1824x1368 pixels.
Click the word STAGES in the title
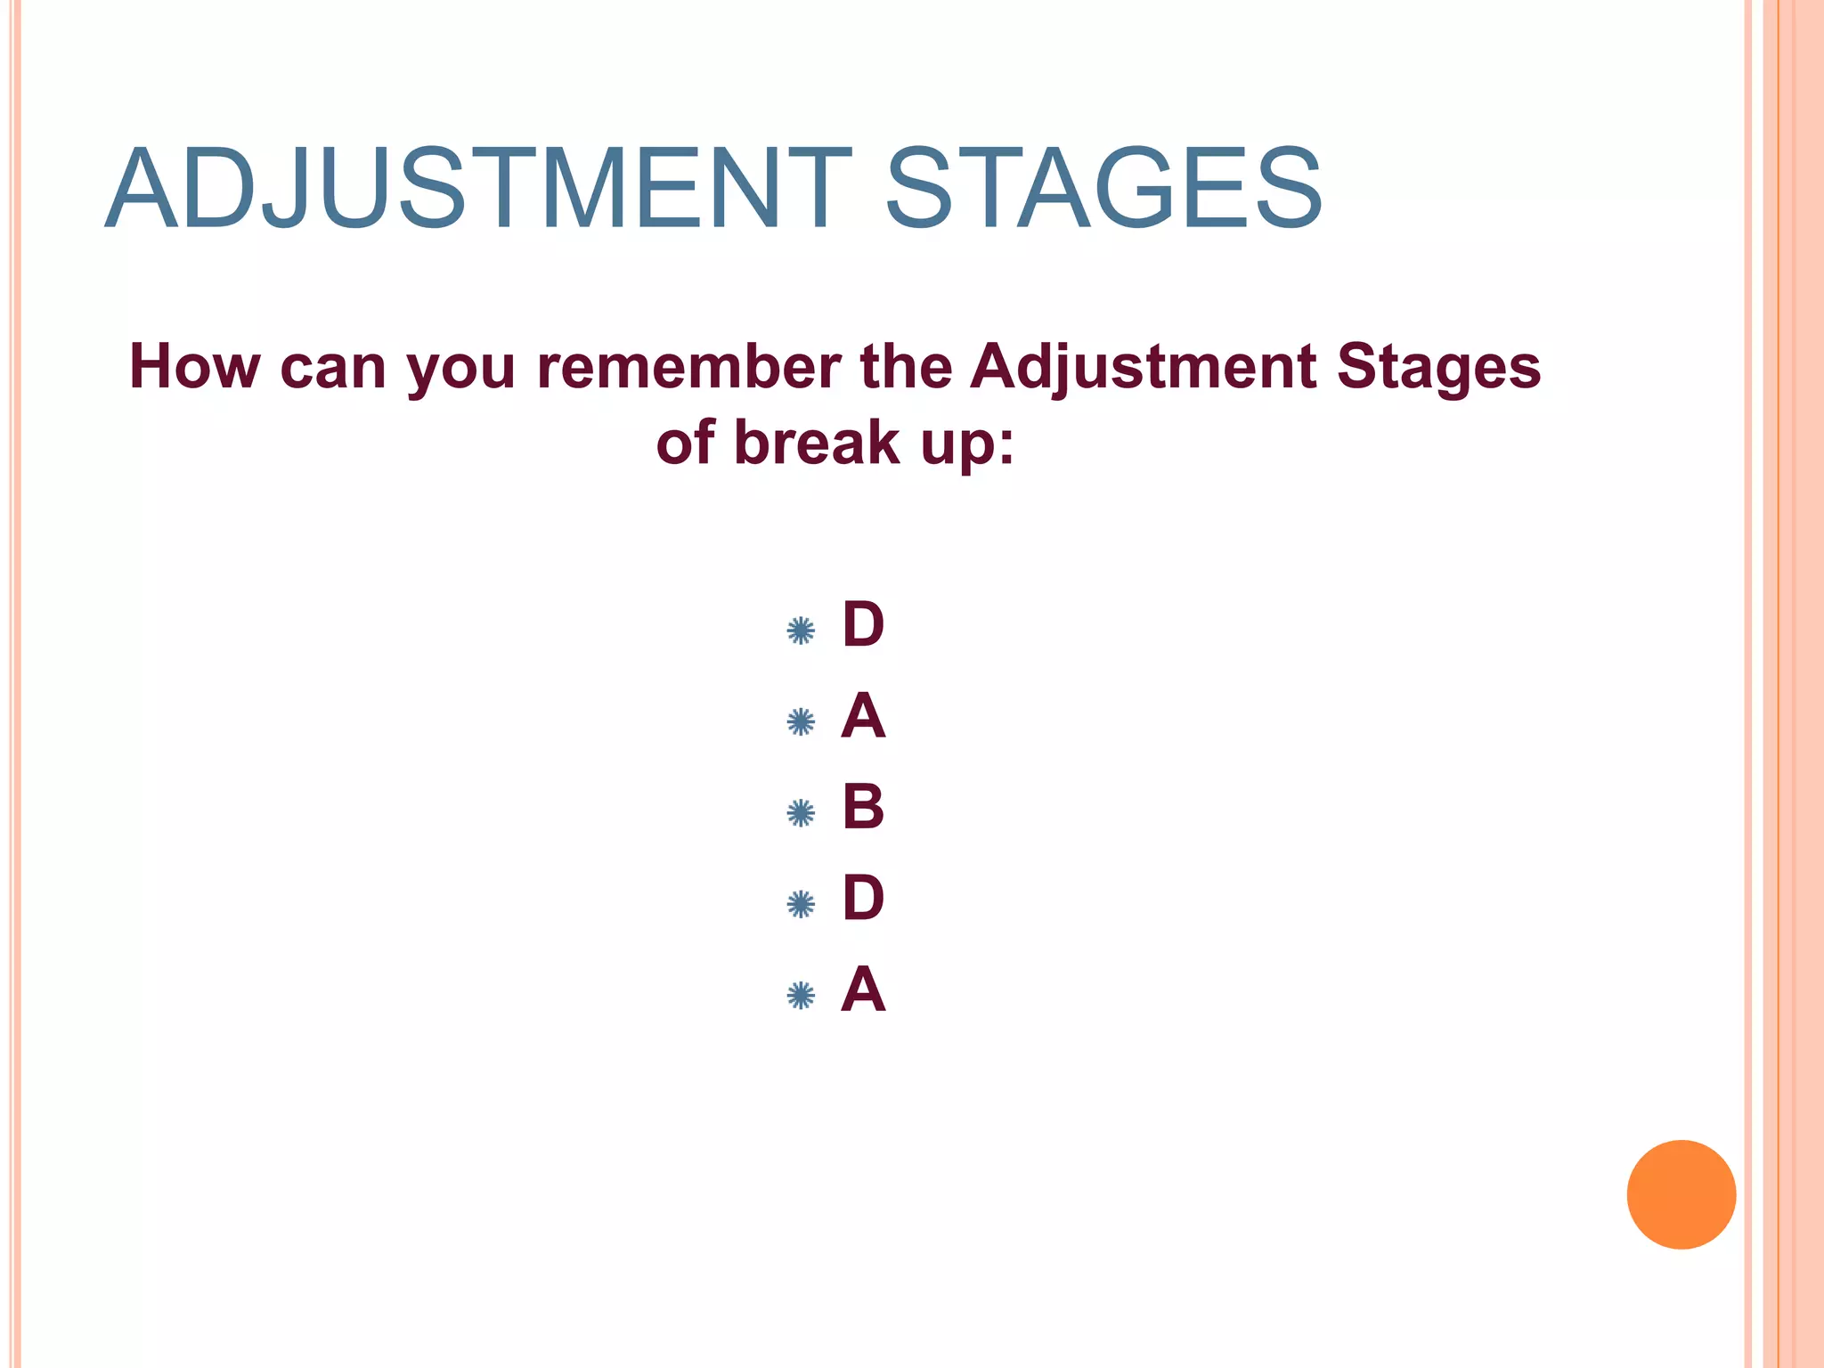tap(1103, 190)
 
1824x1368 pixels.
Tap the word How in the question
tap(194, 367)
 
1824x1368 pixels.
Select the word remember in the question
tap(688, 367)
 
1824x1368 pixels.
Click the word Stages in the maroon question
tap(1438, 367)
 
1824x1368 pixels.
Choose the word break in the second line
tap(817, 443)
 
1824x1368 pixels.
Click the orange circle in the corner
tap(1681, 1194)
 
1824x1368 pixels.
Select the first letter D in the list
tap(863, 625)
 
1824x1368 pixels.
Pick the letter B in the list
tap(863, 807)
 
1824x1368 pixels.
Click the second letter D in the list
tap(863, 898)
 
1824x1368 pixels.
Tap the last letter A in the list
tap(863, 989)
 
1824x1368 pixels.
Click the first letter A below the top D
tap(863, 716)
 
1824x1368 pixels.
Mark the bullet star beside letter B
tap(801, 813)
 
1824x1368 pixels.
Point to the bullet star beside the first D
tap(801, 631)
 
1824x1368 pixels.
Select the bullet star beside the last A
tap(801, 996)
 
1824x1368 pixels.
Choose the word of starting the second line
tap(685, 443)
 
